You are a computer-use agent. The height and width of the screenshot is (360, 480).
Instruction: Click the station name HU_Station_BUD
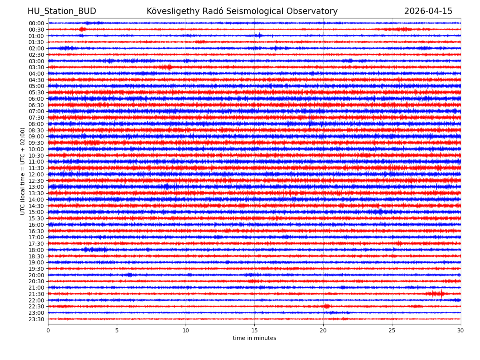tap(62, 11)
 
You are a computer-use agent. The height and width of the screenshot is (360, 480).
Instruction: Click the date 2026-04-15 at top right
tap(428, 11)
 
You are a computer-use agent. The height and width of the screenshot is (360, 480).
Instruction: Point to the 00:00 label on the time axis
tap(36, 23)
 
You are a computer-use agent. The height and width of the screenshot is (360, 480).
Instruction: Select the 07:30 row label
tap(36, 118)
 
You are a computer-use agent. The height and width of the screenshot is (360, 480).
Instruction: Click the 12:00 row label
tap(36, 174)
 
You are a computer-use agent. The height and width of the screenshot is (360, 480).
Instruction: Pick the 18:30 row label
tap(36, 256)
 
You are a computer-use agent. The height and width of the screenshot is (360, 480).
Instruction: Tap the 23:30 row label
tap(36, 319)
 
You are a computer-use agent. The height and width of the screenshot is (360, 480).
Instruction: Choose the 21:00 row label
tap(36, 288)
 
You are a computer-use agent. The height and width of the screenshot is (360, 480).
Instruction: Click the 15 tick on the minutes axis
tap(254, 331)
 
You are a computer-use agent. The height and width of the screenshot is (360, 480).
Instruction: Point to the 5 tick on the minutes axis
tap(117, 331)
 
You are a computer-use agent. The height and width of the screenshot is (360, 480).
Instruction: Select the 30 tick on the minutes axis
tap(461, 331)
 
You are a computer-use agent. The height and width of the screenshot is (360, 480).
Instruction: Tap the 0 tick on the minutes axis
tap(48, 331)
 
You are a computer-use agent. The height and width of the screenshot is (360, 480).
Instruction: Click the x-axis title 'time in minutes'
tap(254, 338)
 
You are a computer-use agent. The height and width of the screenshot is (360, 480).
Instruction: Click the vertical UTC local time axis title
tap(23, 171)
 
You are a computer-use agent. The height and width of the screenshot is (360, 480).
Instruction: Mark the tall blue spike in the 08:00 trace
tap(310, 121)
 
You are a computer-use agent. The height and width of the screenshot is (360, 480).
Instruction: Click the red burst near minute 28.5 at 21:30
tap(441, 294)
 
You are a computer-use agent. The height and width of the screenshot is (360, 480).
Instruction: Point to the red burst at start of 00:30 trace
tap(82, 29)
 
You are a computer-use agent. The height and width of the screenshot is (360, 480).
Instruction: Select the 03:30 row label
tap(36, 67)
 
